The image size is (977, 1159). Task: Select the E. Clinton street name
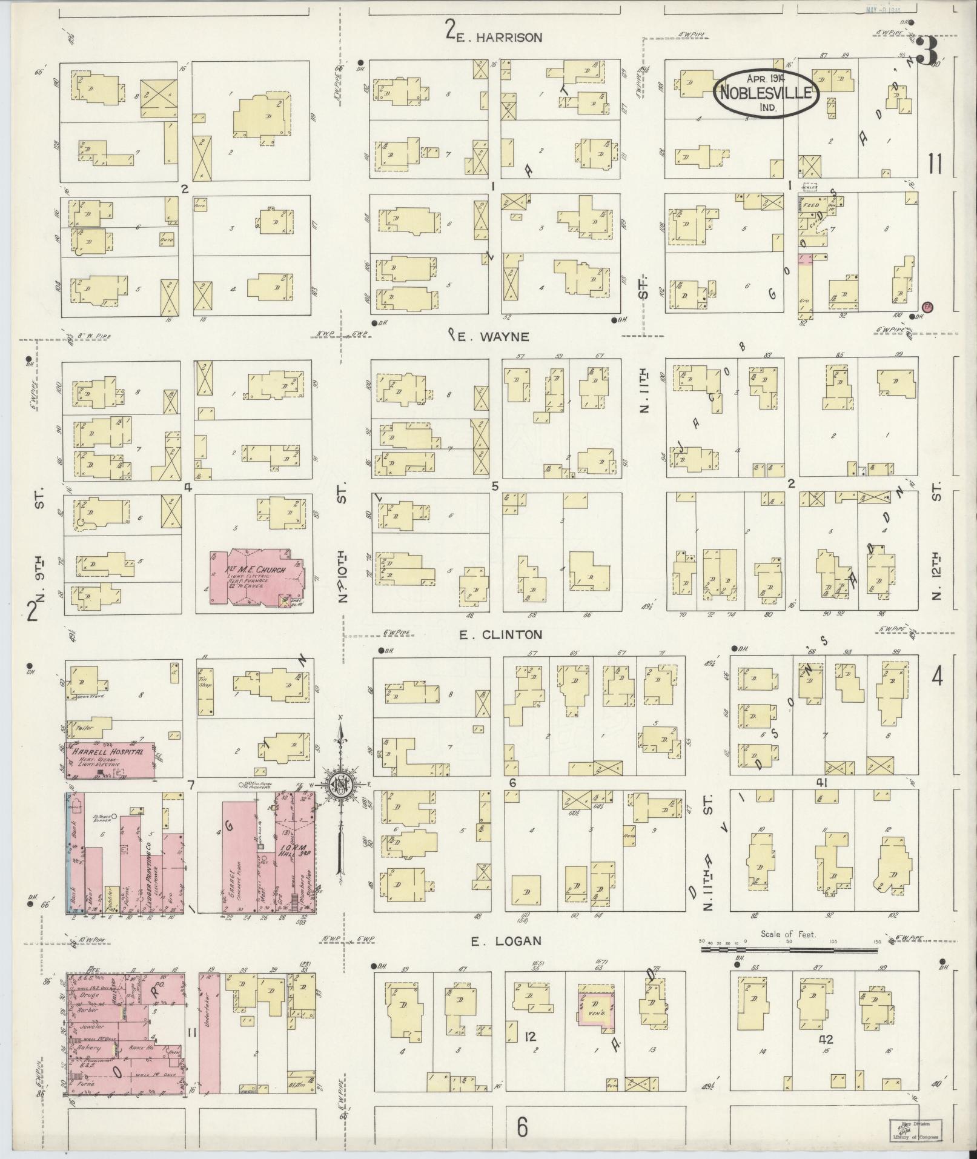coord(500,635)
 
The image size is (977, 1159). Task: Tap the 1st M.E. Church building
coord(257,579)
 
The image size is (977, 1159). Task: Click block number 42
coord(826,1039)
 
